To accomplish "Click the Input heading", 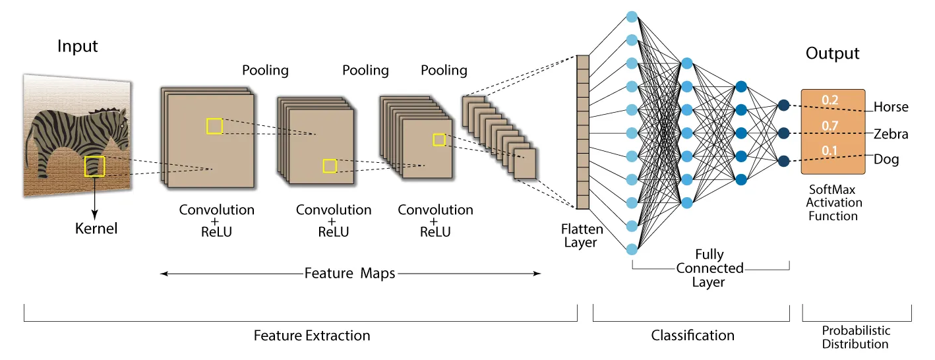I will pyautogui.click(x=77, y=47).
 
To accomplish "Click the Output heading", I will pyautogui.click(x=832, y=53).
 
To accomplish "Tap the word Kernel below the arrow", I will pyautogui.click(x=96, y=229).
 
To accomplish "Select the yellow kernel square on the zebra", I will pyautogui.click(x=95, y=166).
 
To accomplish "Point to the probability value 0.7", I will pyautogui.click(x=829, y=125).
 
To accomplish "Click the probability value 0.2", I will pyautogui.click(x=829, y=100).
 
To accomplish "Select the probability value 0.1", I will pyautogui.click(x=829, y=151).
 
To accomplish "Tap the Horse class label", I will pyautogui.click(x=890, y=107).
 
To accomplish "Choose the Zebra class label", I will pyautogui.click(x=890, y=134).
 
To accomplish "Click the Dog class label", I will pyautogui.click(x=886, y=160).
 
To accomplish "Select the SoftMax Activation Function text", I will pyautogui.click(x=833, y=202).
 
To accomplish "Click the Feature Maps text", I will pyautogui.click(x=349, y=273).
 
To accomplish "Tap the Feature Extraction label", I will pyautogui.click(x=312, y=336).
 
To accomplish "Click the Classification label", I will pyautogui.click(x=692, y=336).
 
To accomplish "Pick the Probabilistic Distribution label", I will pyautogui.click(x=856, y=337).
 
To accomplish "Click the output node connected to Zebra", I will pyautogui.click(x=783, y=133).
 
